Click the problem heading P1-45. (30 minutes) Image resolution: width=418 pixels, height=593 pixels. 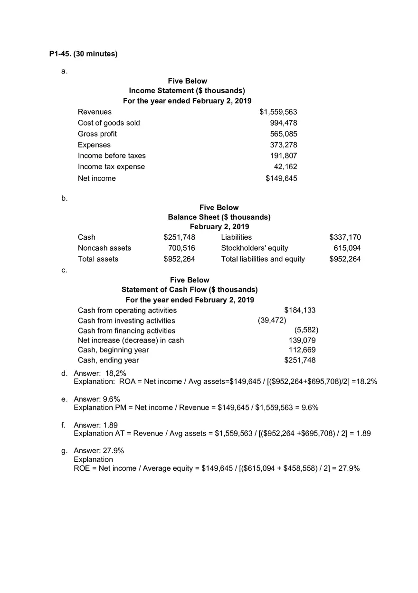coord(83,54)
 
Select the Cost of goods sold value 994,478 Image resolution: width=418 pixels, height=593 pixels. coord(284,123)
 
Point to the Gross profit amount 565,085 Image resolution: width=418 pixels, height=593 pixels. coord(284,134)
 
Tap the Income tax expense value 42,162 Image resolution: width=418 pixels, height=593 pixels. coord(285,166)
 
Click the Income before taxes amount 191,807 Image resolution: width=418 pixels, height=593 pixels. coord(284,156)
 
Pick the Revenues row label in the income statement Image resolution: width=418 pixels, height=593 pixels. coord(95,112)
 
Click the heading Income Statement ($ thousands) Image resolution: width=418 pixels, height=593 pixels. coord(187,90)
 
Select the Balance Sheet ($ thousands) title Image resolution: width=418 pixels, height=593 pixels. coord(219,217)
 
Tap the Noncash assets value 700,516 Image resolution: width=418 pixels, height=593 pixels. coord(181,248)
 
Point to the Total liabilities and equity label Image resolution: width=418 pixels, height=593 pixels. coord(263,259)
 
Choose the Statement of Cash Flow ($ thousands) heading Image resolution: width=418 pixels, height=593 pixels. coord(190,290)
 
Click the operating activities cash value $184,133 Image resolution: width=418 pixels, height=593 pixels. coord(300,310)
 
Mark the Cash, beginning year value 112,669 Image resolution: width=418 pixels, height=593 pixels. coord(302,350)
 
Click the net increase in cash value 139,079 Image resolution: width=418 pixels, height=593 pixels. coord(302,340)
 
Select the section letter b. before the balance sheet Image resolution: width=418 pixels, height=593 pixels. coord(64,198)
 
